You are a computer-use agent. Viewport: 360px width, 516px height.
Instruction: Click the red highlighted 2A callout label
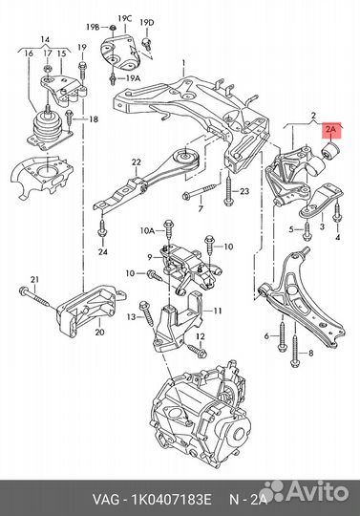[331, 129]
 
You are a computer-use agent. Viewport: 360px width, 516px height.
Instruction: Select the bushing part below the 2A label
[330, 150]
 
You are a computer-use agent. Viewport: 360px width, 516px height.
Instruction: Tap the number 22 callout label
[137, 161]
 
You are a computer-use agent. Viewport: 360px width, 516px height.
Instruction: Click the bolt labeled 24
[102, 228]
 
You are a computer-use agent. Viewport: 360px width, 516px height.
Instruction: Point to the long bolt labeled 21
[35, 296]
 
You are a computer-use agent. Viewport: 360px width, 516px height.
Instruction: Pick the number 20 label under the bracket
[99, 333]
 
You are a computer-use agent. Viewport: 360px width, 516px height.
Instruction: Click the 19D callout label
[147, 23]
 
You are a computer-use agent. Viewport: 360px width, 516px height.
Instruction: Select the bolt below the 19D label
[146, 44]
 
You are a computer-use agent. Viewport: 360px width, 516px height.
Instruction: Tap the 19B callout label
[93, 27]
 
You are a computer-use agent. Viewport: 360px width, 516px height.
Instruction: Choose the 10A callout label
[147, 230]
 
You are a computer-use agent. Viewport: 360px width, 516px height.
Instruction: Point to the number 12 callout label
[201, 336]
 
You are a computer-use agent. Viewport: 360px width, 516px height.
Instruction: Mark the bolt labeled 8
[294, 350]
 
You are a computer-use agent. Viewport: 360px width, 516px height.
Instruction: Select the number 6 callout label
[266, 335]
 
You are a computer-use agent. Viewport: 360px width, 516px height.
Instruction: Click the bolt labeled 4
[337, 212]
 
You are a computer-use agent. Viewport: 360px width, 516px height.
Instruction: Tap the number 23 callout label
[244, 191]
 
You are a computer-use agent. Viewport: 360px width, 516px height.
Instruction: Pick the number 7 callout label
[201, 208]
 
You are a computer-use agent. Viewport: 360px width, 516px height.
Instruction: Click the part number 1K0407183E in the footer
[171, 500]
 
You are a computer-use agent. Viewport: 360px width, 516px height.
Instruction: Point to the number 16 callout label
[29, 53]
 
